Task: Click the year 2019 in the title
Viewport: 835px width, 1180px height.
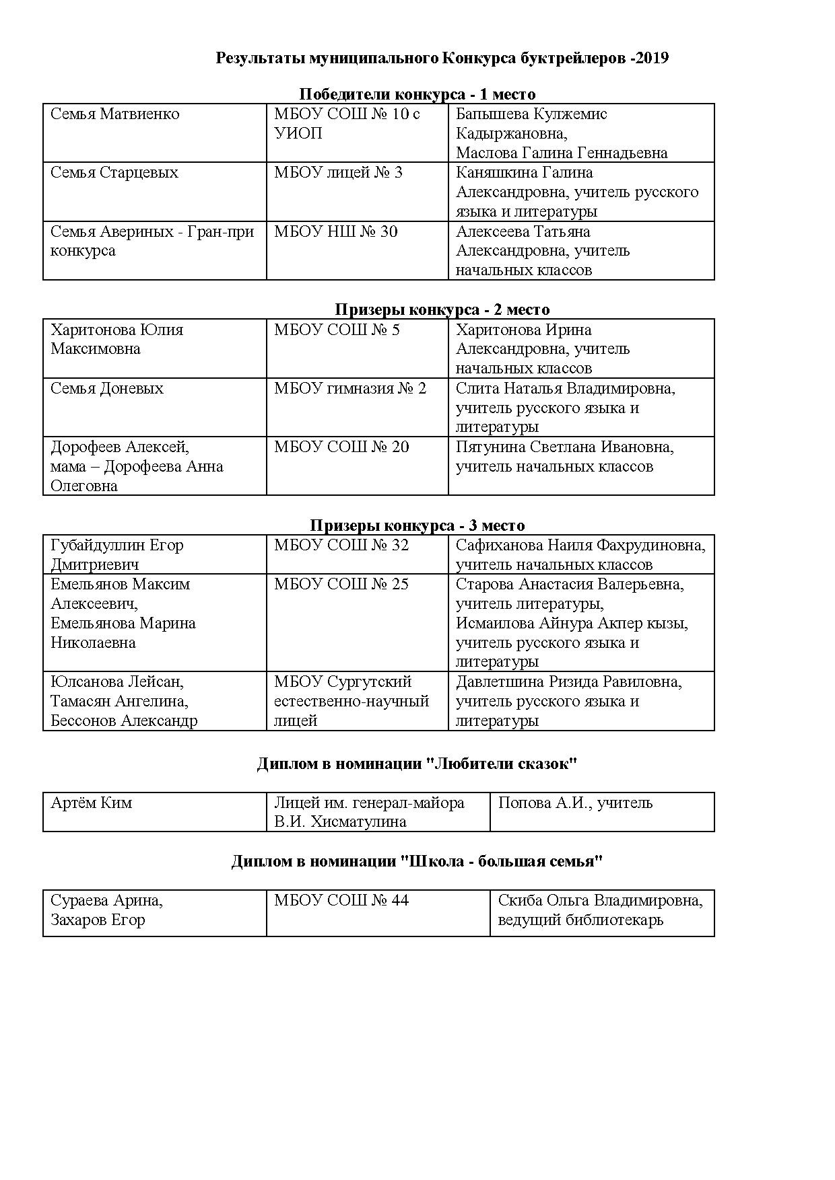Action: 651,58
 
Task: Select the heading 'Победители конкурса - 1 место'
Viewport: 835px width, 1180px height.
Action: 417,94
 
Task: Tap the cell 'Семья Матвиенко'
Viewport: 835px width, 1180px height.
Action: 115,114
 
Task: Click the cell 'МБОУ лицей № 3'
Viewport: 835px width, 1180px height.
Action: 338,173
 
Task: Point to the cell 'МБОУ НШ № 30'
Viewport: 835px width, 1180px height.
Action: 335,232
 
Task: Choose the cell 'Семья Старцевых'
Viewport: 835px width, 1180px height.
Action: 114,173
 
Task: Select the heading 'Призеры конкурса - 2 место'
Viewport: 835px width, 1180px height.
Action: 442,309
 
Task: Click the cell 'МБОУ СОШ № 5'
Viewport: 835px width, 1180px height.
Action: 337,330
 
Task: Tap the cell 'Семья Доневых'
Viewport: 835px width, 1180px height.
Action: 107,388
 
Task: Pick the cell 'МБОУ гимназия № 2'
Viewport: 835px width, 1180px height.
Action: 350,388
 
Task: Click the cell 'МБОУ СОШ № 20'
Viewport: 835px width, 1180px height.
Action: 341,447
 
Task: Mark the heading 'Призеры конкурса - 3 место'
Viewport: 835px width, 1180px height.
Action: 417,525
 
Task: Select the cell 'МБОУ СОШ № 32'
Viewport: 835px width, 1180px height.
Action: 341,545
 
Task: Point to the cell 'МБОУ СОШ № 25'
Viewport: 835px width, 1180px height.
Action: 341,584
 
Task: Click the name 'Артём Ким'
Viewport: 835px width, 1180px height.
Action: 92,803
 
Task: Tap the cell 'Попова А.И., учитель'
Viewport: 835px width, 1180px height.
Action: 575,803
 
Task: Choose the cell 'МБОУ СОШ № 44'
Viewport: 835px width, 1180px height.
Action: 341,900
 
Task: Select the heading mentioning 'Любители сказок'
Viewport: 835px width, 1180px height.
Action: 417,764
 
